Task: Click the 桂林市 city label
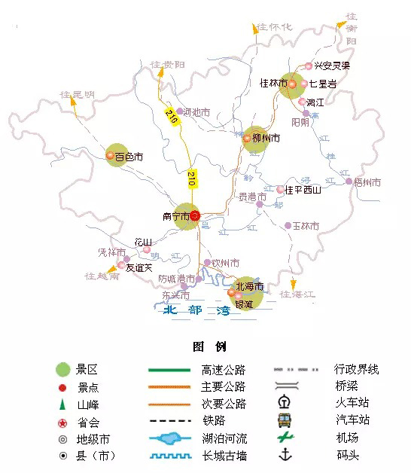[273, 83]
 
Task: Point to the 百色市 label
[128, 157]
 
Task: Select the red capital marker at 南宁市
[194, 216]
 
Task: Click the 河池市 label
[197, 112]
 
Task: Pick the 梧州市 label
[367, 182]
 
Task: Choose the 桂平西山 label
[303, 190]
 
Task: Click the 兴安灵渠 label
[333, 66]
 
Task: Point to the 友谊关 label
[139, 267]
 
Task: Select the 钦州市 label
[226, 263]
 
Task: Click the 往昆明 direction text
[78, 95]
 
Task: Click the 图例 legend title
[209, 346]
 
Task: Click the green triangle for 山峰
[63, 404]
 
